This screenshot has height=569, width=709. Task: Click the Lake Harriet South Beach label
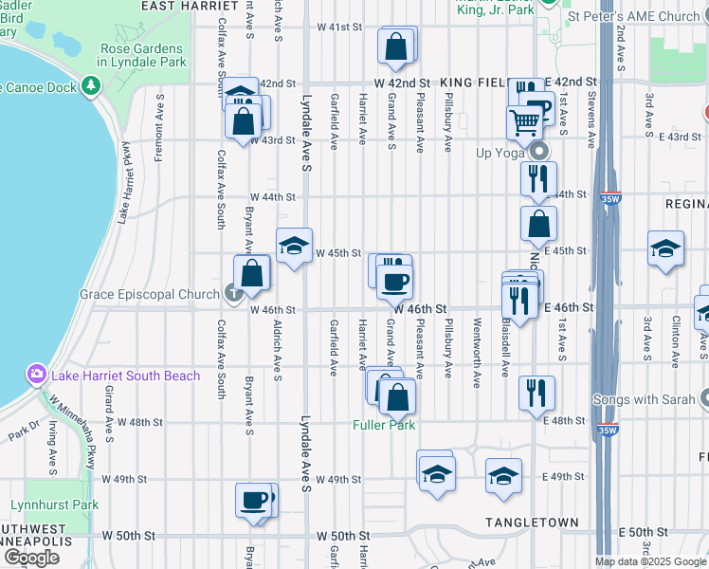pyautogui.click(x=126, y=376)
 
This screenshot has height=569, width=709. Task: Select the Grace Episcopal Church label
pyautogui.click(x=150, y=294)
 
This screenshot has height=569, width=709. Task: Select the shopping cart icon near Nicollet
pyautogui.click(x=524, y=121)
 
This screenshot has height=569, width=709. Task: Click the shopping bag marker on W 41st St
pyautogui.click(x=396, y=45)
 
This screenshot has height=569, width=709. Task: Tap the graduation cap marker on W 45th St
pyautogui.click(x=295, y=246)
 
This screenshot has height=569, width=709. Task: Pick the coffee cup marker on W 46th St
pyautogui.click(x=394, y=280)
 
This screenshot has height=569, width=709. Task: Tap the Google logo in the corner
pyautogui.click(x=31, y=558)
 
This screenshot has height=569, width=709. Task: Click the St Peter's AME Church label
pyautogui.click(x=633, y=16)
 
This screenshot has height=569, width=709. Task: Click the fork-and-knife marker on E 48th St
pyautogui.click(x=537, y=393)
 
